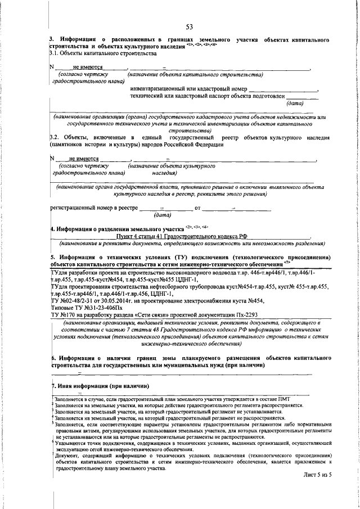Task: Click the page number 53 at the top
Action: [190, 27]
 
